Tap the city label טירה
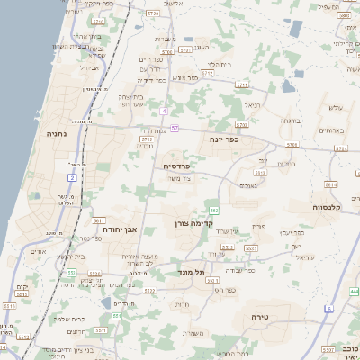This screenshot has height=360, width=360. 274,316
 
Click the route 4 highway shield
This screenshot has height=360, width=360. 165,111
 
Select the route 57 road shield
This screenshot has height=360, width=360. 175,129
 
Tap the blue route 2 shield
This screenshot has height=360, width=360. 72,177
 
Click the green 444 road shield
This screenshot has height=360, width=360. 355,292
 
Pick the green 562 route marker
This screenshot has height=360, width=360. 211,210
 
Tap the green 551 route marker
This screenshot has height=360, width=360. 71,271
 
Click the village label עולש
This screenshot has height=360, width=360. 336,108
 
